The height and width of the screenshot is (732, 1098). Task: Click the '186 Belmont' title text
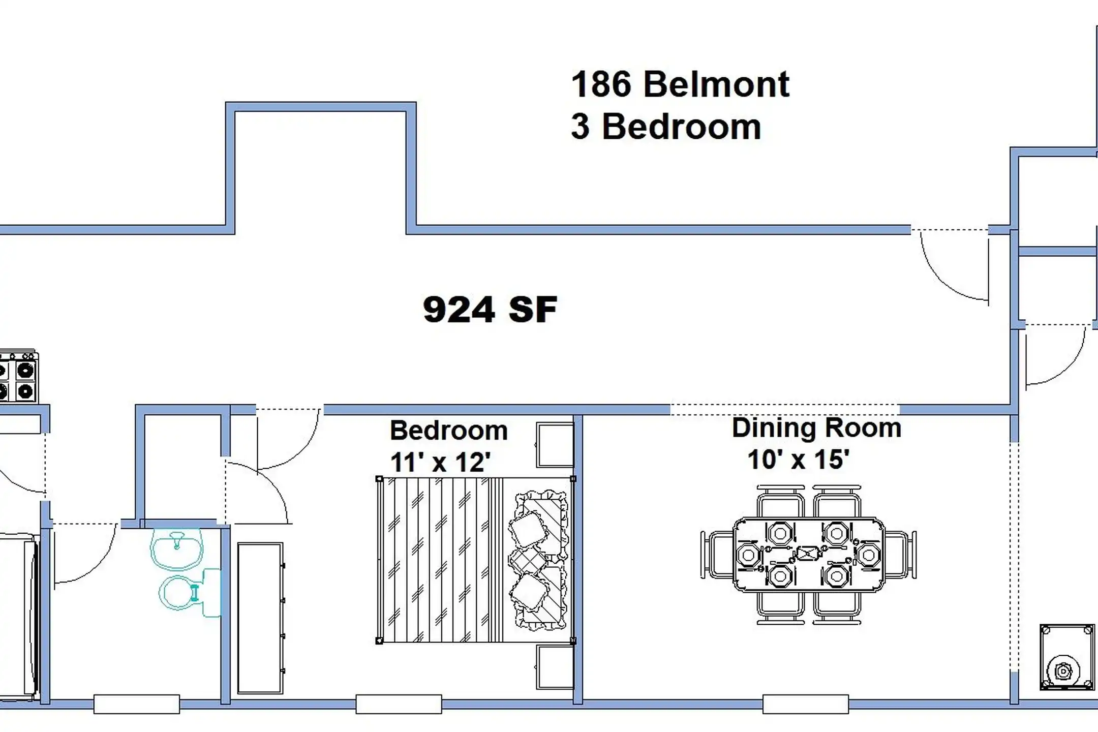click(x=680, y=84)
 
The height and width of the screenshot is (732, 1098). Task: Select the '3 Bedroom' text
click(x=666, y=127)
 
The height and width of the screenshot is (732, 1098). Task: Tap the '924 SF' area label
click(x=490, y=310)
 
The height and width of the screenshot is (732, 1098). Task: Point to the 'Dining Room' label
click(x=816, y=428)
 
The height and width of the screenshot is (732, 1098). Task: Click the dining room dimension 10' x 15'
click(x=799, y=459)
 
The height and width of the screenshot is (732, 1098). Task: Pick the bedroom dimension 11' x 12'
click(x=440, y=463)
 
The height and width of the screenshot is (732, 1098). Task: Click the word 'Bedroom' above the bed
click(x=449, y=431)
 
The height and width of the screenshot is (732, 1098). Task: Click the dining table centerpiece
click(x=808, y=553)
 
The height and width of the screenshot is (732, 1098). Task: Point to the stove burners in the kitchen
click(x=18, y=376)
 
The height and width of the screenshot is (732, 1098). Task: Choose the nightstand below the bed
click(x=555, y=667)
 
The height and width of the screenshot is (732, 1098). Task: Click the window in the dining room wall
click(x=805, y=704)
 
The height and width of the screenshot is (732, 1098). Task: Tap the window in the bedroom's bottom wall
click(x=399, y=704)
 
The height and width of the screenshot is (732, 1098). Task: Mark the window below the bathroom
click(x=137, y=704)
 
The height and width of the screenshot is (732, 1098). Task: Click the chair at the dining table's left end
click(x=717, y=555)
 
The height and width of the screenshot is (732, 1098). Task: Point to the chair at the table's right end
click(x=900, y=555)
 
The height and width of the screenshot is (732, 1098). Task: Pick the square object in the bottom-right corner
click(x=1067, y=657)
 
